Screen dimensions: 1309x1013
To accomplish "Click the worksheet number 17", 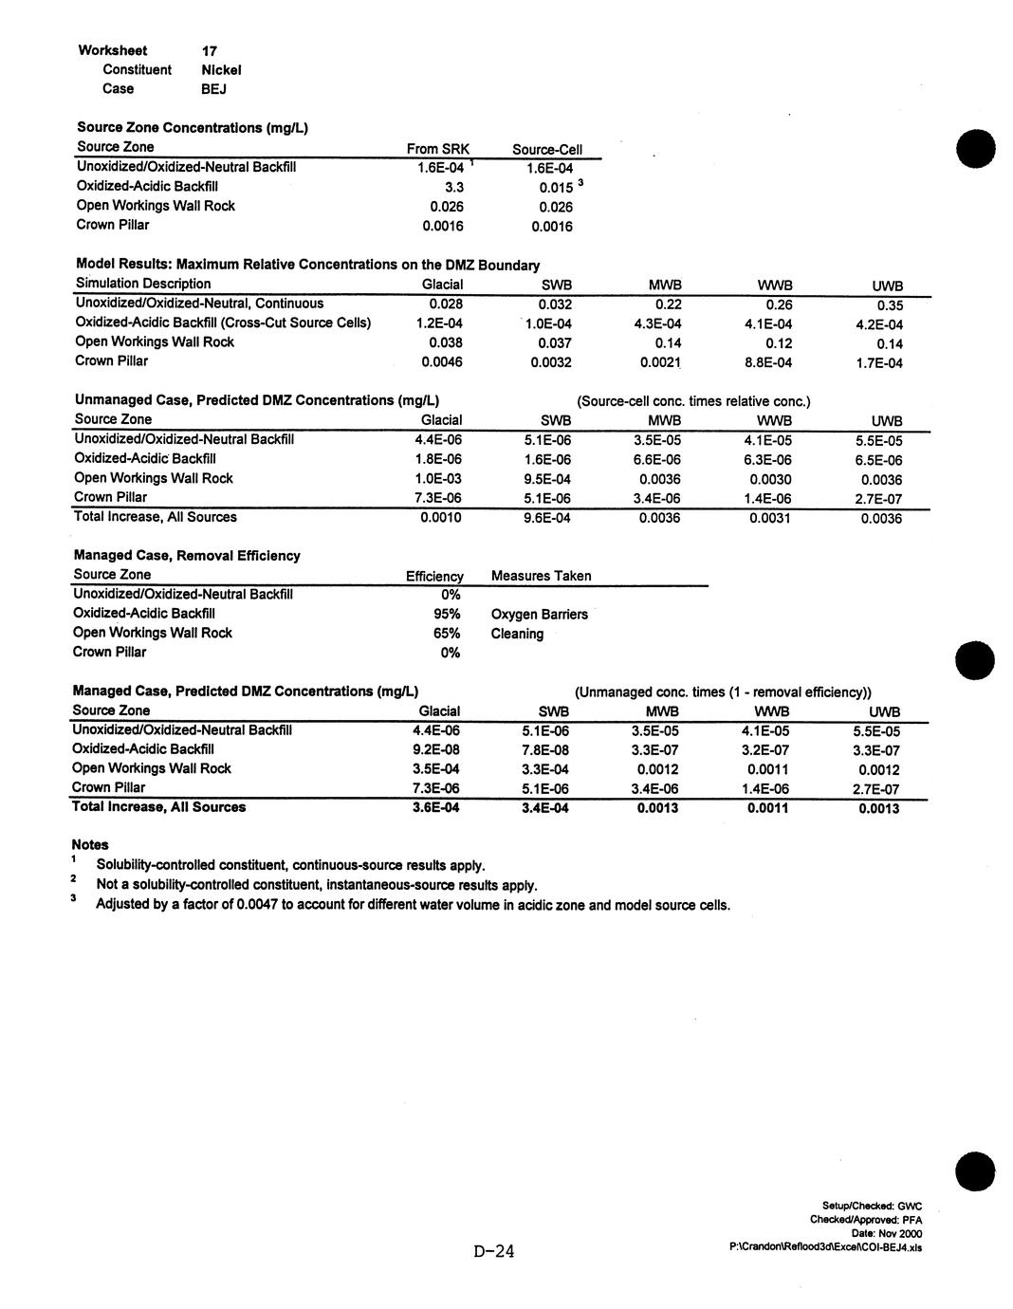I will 210,50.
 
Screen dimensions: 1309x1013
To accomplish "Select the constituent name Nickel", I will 221,69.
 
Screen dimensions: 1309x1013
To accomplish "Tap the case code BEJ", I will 213,89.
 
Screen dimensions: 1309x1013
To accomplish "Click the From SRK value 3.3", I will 453,187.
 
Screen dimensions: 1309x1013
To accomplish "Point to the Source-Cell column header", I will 546,149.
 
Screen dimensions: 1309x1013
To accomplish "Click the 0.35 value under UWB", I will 890,305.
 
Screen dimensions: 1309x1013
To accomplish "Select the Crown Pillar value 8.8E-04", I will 768,362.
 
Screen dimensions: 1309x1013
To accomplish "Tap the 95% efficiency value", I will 447,614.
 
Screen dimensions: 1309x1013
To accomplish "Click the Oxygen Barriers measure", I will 539,614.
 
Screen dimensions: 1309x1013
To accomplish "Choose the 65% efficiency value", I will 447,633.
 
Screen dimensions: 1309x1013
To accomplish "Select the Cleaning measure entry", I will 517,634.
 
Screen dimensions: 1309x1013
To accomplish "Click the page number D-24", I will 494,1252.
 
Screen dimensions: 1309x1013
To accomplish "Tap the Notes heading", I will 90,844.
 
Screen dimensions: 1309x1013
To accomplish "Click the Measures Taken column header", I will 541,576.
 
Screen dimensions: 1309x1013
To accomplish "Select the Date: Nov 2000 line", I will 887,1233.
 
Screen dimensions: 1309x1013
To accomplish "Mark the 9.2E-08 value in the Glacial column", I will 436,749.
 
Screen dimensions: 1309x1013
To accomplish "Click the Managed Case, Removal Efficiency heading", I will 187,555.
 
